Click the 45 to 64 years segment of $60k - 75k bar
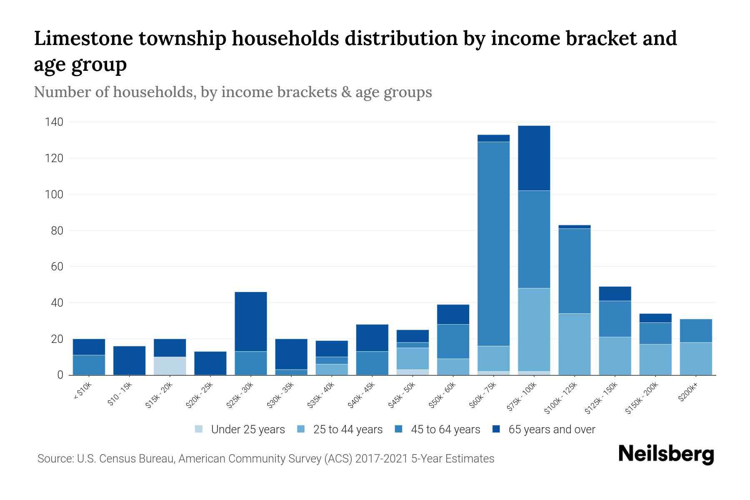pyautogui.click(x=493, y=244)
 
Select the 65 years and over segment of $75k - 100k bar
pyautogui.click(x=534, y=158)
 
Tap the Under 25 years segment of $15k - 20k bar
pyautogui.click(x=170, y=366)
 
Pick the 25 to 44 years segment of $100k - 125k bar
pyautogui.click(x=575, y=344)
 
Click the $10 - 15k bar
pyautogui.click(x=130, y=360)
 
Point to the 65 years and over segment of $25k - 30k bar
pyautogui.click(x=251, y=322)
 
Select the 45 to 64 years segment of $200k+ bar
pyautogui.click(x=696, y=331)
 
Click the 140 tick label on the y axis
pyautogui.click(x=54, y=122)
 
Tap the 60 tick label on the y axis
pyautogui.click(x=56, y=267)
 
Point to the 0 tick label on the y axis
pyautogui.click(x=60, y=375)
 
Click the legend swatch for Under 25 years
pyautogui.click(x=199, y=429)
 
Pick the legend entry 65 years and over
pyautogui.click(x=551, y=429)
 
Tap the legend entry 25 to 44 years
pyautogui.click(x=347, y=429)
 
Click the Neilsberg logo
pyautogui.click(x=666, y=454)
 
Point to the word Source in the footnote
pyautogui.click(x=55, y=459)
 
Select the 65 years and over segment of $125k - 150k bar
pyautogui.click(x=615, y=294)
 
